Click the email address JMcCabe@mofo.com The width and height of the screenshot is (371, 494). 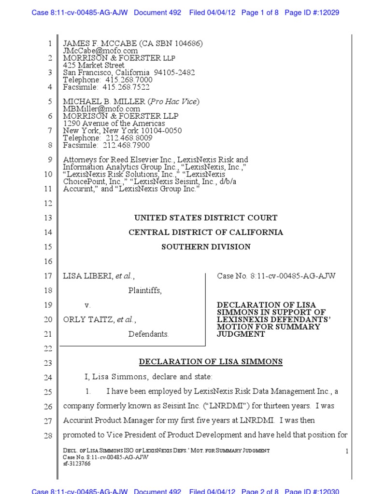100,51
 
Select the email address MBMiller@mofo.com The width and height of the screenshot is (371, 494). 101,109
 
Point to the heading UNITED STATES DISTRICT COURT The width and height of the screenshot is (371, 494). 206,218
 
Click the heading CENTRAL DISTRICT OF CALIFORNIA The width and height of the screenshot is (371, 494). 206,233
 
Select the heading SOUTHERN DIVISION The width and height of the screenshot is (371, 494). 206,247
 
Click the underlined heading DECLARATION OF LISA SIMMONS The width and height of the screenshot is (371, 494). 211,362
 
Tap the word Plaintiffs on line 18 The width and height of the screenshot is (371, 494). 145,291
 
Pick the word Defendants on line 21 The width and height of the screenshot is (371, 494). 148,334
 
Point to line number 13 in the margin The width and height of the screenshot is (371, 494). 48,219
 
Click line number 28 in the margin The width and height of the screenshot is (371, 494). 48,436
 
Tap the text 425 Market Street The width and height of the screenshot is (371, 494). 94,65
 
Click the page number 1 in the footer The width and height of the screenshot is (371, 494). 347,451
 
